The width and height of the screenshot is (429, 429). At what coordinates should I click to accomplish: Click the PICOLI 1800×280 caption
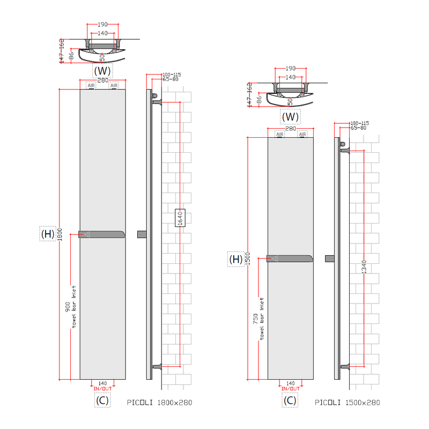(x=159, y=402)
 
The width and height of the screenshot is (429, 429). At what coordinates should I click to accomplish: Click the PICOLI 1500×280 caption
(x=347, y=402)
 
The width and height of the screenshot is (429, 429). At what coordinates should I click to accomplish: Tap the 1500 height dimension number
(x=248, y=260)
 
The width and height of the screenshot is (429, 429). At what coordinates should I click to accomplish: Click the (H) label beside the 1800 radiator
(x=48, y=234)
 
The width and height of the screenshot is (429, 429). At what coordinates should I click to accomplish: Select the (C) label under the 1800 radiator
(x=102, y=400)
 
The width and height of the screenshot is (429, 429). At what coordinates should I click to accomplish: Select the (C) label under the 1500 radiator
(x=290, y=400)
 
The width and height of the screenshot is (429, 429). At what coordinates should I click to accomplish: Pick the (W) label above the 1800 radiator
(x=102, y=70)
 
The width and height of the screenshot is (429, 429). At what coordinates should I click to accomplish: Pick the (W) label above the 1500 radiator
(x=290, y=116)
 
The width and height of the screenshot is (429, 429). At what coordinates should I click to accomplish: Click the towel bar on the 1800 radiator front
(x=102, y=234)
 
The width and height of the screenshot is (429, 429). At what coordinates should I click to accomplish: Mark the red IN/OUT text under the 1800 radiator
(x=102, y=388)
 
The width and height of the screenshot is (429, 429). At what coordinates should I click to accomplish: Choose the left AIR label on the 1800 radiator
(x=91, y=85)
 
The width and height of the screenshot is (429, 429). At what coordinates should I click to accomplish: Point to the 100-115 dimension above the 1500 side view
(x=359, y=123)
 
